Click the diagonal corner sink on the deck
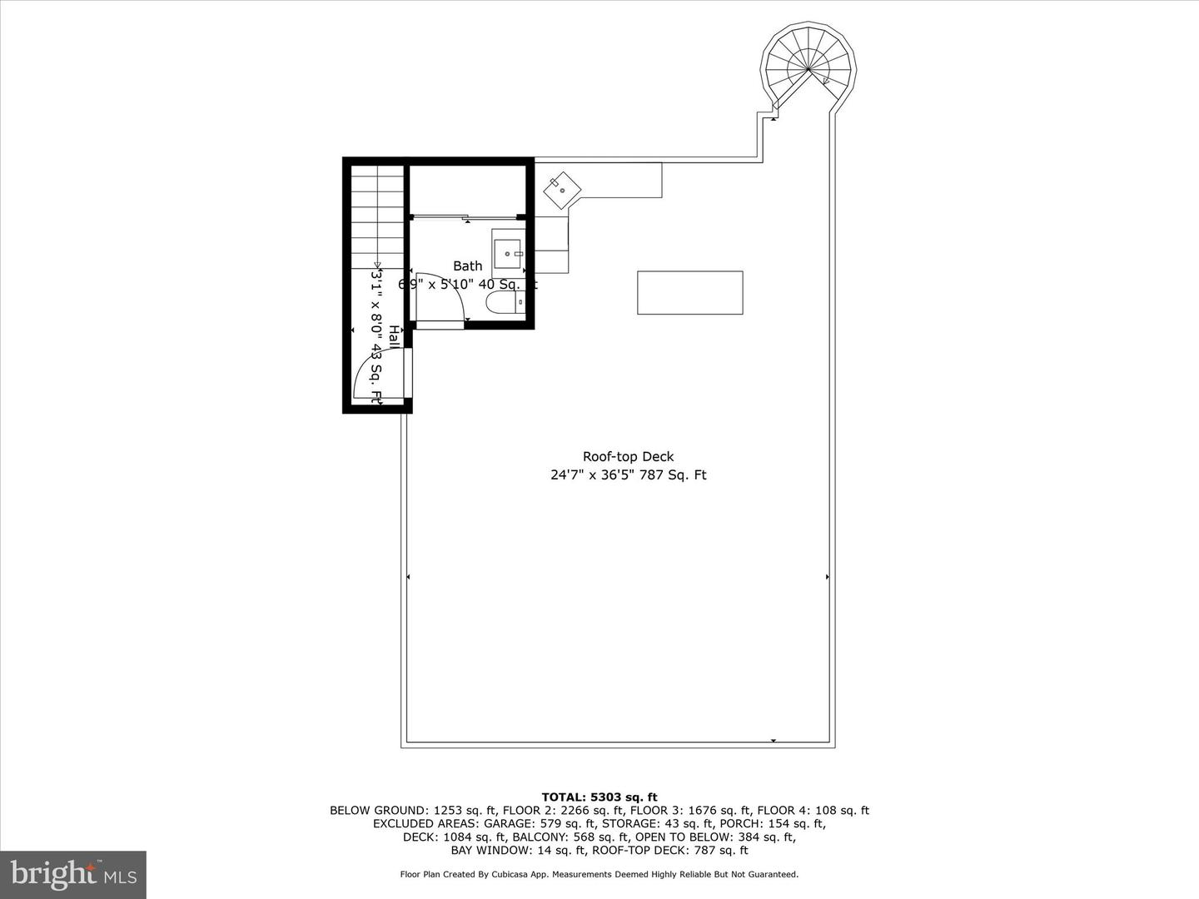pos(562,191)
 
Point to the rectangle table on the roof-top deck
pos(689,293)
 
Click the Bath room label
pos(467,266)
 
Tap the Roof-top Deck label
pos(628,456)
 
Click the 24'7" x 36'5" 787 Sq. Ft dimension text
pos(628,475)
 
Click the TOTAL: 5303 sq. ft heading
pos(599,797)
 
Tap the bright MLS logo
pos(73,874)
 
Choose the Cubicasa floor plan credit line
pos(599,875)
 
